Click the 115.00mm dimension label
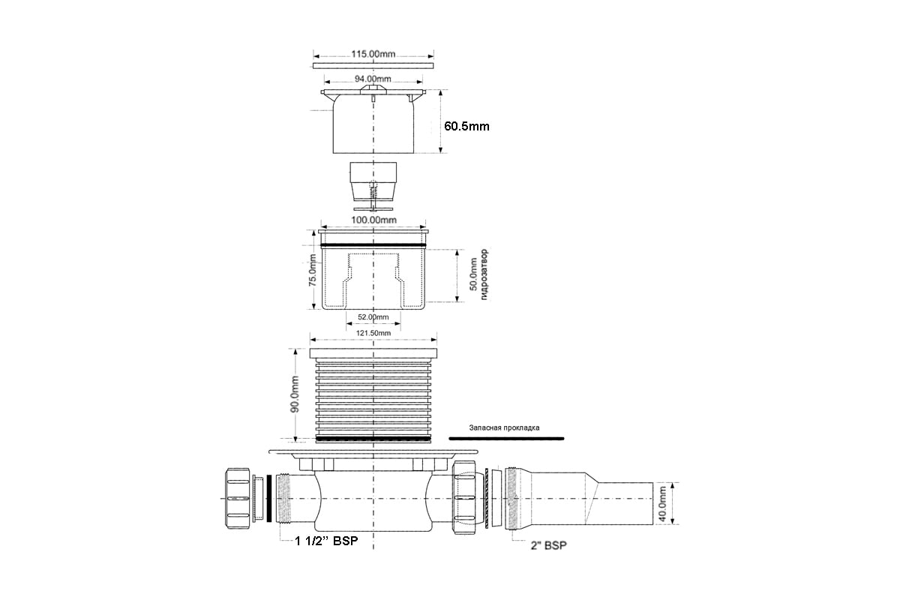point(373,53)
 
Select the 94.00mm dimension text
point(373,79)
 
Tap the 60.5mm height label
point(466,127)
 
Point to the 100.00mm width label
point(373,220)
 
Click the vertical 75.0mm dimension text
point(313,270)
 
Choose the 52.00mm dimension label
point(373,317)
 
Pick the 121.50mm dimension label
point(373,333)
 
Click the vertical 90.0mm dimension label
point(295,394)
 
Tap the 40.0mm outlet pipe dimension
point(662,503)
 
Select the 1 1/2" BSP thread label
point(326,541)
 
